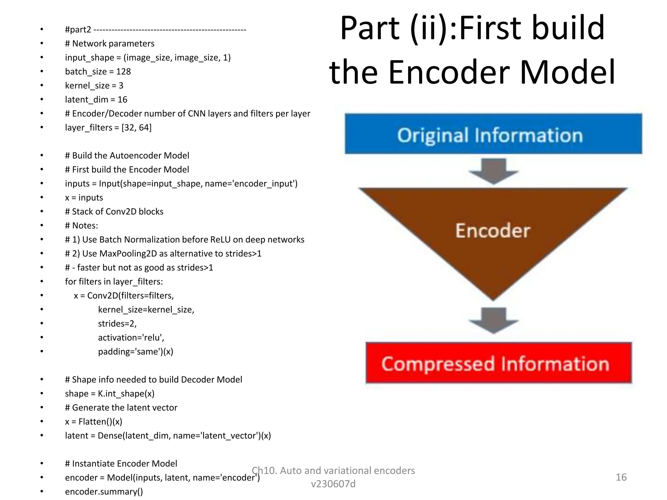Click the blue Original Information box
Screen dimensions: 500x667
(x=493, y=134)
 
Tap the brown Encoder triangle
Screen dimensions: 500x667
(x=493, y=231)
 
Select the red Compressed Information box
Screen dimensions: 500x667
(x=498, y=363)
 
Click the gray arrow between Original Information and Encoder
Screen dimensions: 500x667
(x=493, y=171)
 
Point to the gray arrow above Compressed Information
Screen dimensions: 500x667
(x=493, y=320)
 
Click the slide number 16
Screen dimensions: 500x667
(x=621, y=477)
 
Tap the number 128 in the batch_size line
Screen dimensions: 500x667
(x=123, y=72)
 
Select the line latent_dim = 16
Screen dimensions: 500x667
(x=96, y=100)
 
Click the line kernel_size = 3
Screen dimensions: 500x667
(x=94, y=86)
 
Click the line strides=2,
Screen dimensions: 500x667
(x=117, y=324)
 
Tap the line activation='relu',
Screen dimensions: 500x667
(x=131, y=338)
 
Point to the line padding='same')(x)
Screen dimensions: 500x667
(x=135, y=352)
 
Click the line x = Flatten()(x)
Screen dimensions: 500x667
(x=93, y=422)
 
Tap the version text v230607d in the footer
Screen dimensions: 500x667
(x=333, y=484)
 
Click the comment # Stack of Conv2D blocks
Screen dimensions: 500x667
(x=114, y=212)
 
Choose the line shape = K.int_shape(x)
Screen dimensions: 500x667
(x=109, y=394)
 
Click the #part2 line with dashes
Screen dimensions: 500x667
(x=155, y=30)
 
